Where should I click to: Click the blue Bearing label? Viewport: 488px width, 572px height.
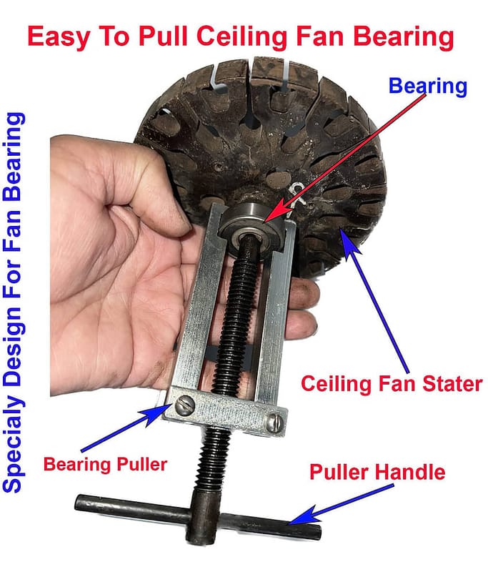tap(427, 87)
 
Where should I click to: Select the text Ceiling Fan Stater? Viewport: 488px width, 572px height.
tap(392, 384)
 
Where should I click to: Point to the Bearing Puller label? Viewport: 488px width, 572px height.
tap(105, 465)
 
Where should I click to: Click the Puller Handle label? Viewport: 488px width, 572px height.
tap(377, 472)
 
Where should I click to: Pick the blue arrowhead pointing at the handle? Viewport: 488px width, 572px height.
tap(302, 516)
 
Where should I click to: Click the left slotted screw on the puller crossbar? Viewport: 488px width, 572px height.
tap(184, 405)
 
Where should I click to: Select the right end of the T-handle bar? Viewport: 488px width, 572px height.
tap(318, 531)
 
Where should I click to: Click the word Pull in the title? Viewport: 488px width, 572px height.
tap(162, 37)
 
